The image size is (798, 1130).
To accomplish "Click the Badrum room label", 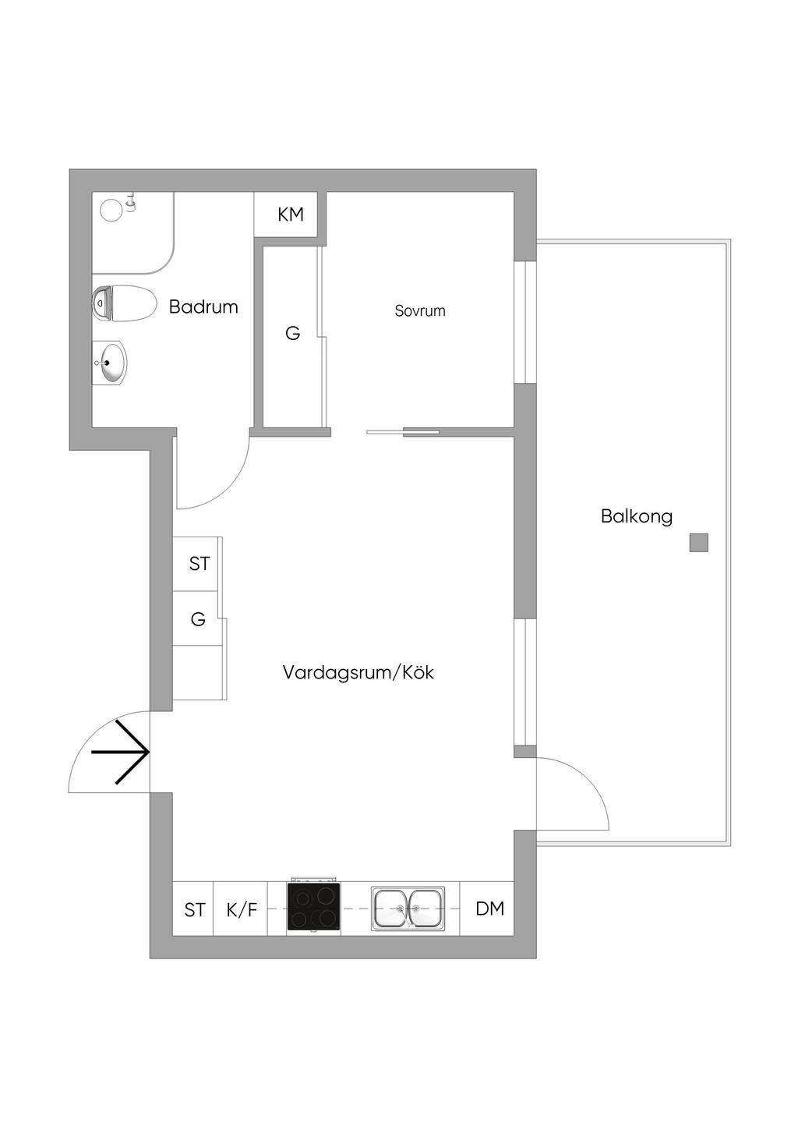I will point(203,306).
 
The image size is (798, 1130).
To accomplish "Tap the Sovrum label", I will point(420,311).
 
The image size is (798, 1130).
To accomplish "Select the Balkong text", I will point(636,516).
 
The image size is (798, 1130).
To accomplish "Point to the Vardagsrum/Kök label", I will point(358,672).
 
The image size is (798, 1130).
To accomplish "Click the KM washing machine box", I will point(290,214).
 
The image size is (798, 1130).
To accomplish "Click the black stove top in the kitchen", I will point(313,908).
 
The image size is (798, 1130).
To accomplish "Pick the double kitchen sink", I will point(408,909).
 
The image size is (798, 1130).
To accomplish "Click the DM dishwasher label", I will point(489,909).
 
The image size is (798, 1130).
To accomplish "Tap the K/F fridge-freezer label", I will point(242,909).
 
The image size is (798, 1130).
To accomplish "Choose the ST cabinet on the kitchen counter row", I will point(195,909).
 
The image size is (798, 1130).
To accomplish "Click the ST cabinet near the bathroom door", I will point(199,564).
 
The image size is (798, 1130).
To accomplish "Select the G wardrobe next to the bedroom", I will point(292,334).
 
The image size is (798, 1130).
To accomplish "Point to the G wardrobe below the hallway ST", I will point(198,620).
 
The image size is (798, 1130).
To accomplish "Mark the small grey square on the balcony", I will point(698,543).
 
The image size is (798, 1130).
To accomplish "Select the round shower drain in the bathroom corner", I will point(112,210).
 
